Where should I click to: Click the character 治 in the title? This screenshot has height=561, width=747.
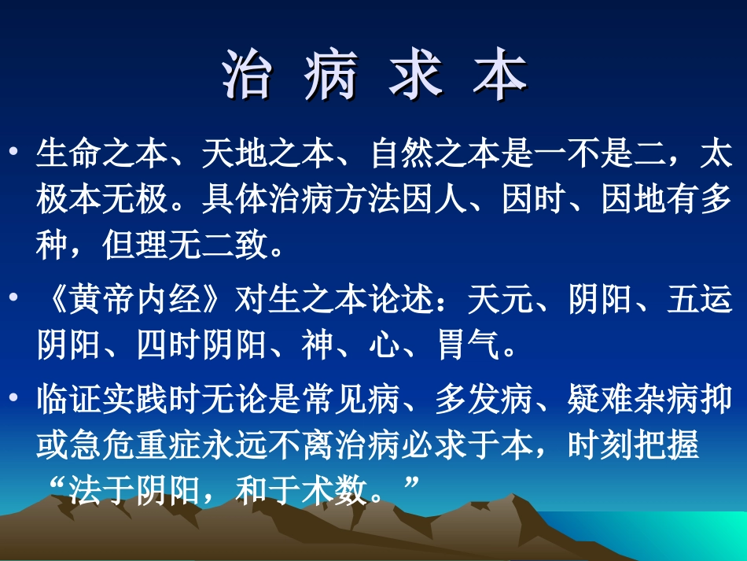coord(246,76)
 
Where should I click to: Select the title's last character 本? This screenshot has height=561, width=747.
coord(500,76)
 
